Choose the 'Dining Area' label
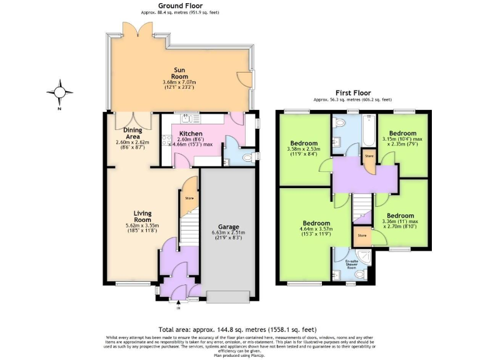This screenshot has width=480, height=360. tap(132, 132)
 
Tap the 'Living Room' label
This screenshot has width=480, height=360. tap(142, 216)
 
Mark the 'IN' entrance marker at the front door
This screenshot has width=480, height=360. tap(178, 307)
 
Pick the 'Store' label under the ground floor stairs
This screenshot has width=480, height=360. tap(189, 198)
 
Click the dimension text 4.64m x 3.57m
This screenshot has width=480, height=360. tap(317, 229)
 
